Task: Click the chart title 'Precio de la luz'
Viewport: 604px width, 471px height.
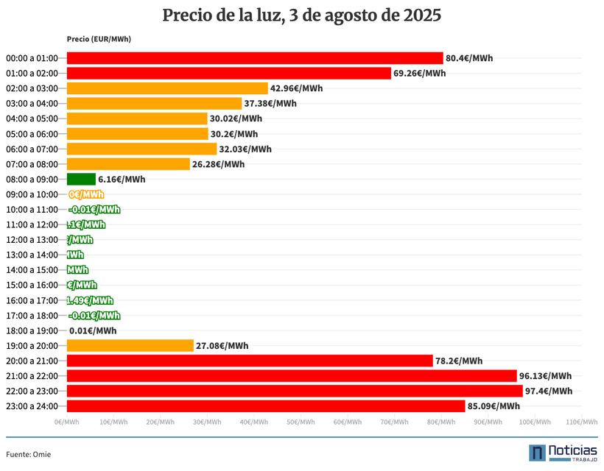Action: coord(301,15)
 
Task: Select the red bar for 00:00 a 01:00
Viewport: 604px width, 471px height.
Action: coord(255,58)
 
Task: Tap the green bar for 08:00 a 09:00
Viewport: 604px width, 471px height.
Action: coord(81,179)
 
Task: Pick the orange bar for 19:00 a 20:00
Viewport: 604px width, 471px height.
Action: coord(130,345)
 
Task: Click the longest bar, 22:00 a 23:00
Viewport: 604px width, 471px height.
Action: coord(295,391)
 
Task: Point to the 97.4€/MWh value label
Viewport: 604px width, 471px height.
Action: coord(548,391)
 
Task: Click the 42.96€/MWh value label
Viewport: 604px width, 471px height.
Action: coord(296,88)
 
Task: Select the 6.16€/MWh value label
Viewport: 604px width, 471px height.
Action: coord(122,179)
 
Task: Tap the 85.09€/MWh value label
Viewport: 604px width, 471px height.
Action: coord(494,406)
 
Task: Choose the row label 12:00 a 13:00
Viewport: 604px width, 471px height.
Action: coord(32,240)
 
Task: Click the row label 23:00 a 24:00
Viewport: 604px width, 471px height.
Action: coord(32,406)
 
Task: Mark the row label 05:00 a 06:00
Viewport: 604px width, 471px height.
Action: coord(32,134)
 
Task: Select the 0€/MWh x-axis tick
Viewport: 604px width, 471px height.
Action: coord(67,422)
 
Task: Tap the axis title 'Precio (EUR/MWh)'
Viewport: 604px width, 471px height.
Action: coord(99,39)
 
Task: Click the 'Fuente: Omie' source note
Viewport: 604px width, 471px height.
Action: coord(29,454)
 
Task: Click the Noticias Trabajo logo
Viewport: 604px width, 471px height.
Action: coord(563,453)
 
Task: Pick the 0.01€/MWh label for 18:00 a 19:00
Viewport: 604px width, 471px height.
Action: coord(93,330)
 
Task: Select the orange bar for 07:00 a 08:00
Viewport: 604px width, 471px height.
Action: coord(128,164)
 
